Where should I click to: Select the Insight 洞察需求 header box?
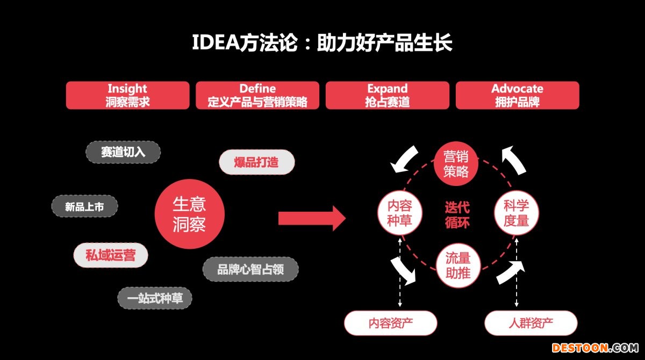point(127,96)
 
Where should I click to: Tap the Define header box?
point(257,96)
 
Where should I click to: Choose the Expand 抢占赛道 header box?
point(388,96)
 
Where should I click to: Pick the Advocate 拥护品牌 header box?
point(517,96)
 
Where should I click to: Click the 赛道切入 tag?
point(123,152)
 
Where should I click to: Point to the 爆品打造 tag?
point(257,162)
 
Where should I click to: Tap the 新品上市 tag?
point(84,206)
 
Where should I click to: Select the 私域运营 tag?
point(110,255)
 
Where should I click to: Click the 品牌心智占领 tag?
point(250,269)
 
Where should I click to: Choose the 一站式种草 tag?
point(155,298)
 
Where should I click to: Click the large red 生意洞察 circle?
point(189,213)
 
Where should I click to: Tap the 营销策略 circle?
point(456,164)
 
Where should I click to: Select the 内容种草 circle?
point(399,213)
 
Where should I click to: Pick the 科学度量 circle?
point(516,213)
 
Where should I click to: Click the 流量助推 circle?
point(458,265)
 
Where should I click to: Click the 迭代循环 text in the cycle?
point(457,214)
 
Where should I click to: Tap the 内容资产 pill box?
point(390,323)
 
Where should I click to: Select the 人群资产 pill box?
point(531,323)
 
